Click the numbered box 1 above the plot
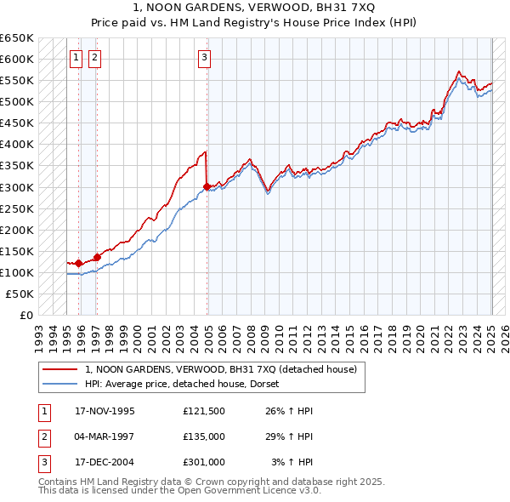[x=76, y=58]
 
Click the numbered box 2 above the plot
[x=93, y=58]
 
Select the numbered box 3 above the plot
[x=205, y=58]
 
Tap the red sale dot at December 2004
[x=207, y=186]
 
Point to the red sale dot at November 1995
[x=79, y=263]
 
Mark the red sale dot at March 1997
[x=97, y=257]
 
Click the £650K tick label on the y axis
[x=17, y=38]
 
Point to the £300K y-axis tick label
[x=17, y=187]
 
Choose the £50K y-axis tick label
[x=20, y=294]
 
